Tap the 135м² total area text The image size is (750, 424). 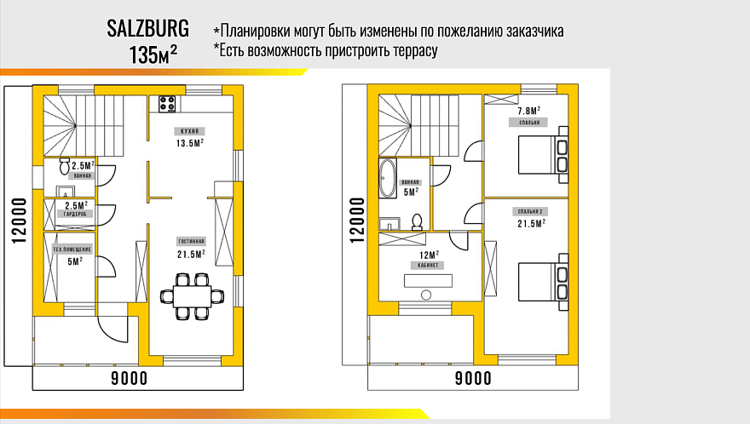153,54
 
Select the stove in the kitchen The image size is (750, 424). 165,105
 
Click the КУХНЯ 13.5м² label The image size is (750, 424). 190,138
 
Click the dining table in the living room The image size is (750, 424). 192,295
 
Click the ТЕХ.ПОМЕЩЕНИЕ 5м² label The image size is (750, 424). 75,255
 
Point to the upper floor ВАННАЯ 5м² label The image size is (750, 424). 410,187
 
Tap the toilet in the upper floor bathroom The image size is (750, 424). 417,221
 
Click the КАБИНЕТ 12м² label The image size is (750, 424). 429,259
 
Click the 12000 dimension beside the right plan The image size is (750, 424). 356,220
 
